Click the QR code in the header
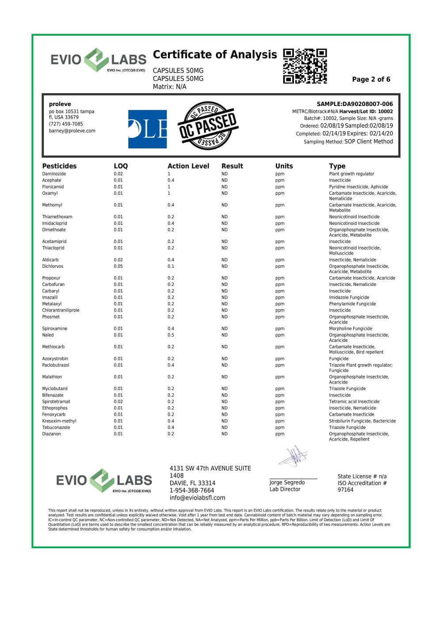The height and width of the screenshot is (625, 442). pyautogui.click(x=305, y=66)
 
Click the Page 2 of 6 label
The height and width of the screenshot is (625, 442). pyautogui.click(x=371, y=80)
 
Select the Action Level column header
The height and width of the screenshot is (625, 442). pyautogui.click(x=188, y=166)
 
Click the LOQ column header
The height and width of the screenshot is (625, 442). pyautogui.click(x=121, y=166)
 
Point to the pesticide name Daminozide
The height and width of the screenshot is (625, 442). pyautogui.click(x=54, y=174)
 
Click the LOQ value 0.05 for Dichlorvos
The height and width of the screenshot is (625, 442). pyautogui.click(x=118, y=266)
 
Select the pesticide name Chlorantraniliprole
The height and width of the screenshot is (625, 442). pyautogui.click(x=61, y=311)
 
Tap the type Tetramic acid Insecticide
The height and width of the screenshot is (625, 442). pyautogui.click(x=354, y=402)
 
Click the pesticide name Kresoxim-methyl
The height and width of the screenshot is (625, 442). pyautogui.click(x=59, y=421)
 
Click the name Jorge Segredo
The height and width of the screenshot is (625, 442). pyautogui.click(x=287, y=483)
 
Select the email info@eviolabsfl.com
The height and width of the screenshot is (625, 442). pyautogui.click(x=197, y=498)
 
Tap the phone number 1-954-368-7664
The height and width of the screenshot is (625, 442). pyautogui.click(x=192, y=490)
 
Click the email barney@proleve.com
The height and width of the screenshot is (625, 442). pyautogui.click(x=72, y=131)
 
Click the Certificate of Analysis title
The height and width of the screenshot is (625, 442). pyautogui.click(x=215, y=55)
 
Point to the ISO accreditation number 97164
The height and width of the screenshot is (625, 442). pyautogui.click(x=345, y=490)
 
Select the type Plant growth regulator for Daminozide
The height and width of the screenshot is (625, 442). pyautogui.click(x=351, y=174)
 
